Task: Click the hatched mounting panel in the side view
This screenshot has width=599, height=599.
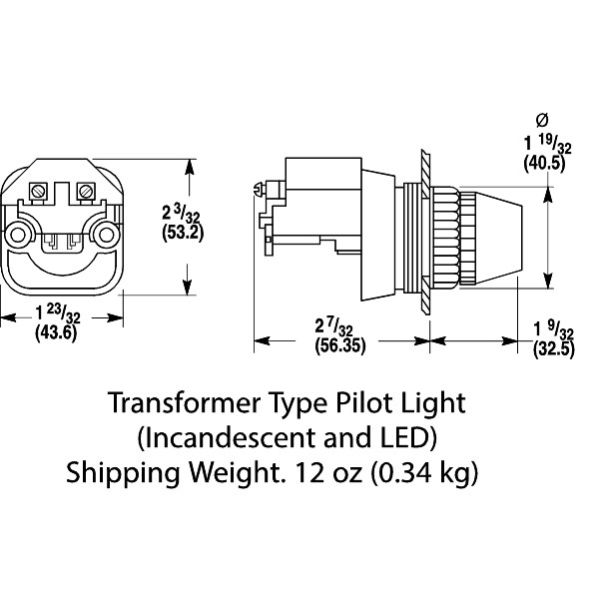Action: coord(425,232)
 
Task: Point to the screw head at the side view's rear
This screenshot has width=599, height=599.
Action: coord(262,188)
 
